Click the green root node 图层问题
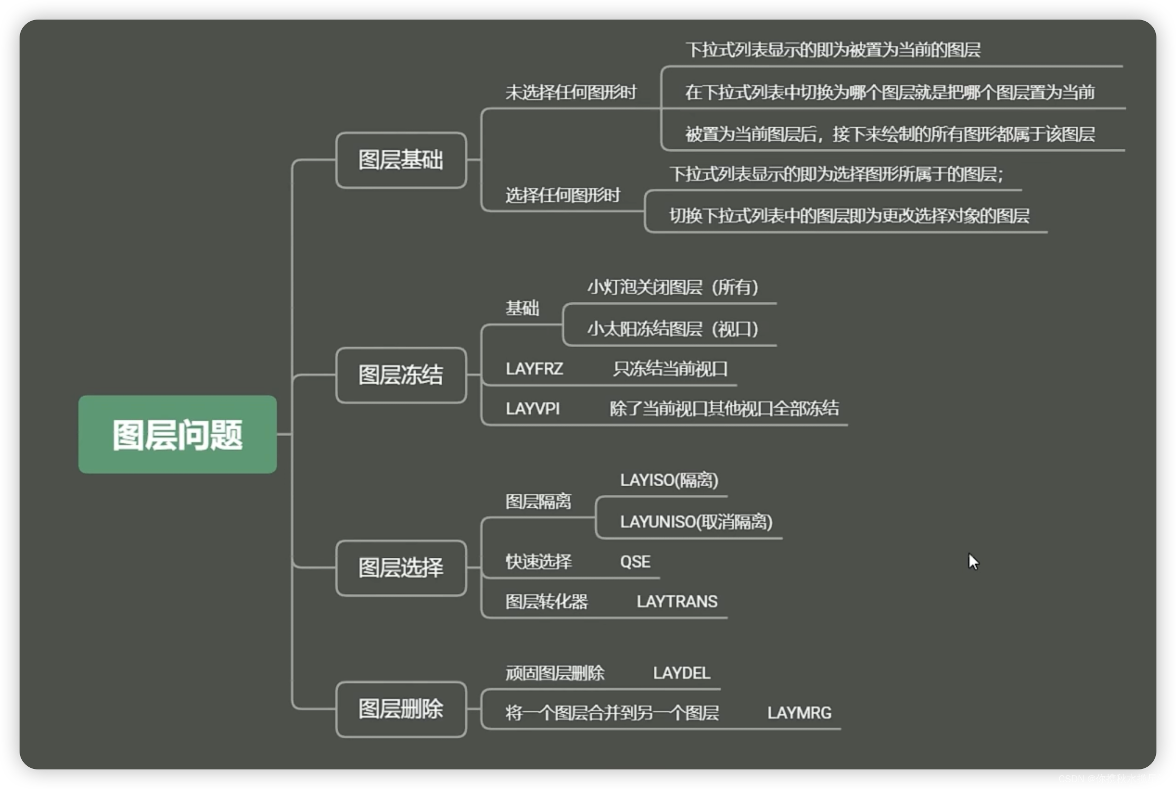tap(177, 434)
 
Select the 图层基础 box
tap(401, 160)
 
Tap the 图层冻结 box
tap(401, 375)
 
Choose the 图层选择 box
tap(401, 568)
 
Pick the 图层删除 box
tap(401, 709)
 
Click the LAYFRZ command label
tap(534, 369)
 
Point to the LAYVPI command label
tap(532, 408)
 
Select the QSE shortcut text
tap(635, 561)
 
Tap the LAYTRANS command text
tap(677, 601)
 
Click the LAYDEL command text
tap(681, 673)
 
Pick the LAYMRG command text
tap(799, 713)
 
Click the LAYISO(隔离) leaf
tap(669, 480)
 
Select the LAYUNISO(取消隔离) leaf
tap(696, 522)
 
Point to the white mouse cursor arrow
tap(973, 561)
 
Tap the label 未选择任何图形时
tap(570, 92)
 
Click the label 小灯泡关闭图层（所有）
tap(673, 287)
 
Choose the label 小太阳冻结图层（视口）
tap(673, 329)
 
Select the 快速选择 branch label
tap(538, 561)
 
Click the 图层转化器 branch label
tap(546, 601)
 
